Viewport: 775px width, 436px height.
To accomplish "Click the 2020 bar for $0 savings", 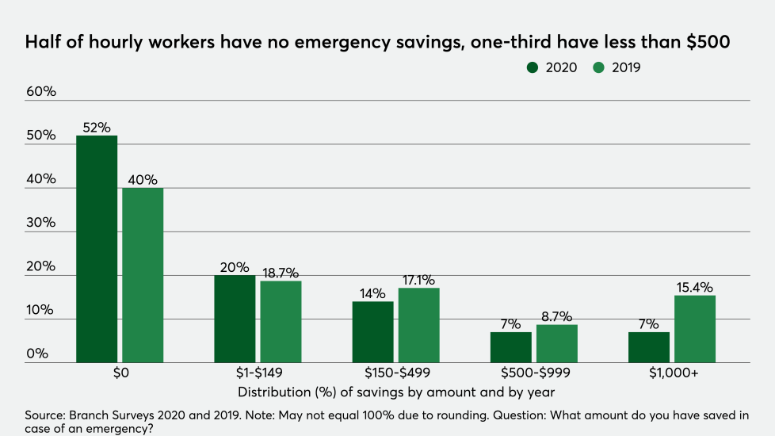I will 97,249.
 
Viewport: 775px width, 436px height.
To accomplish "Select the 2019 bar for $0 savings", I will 143,275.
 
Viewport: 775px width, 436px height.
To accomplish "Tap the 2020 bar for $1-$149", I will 235,319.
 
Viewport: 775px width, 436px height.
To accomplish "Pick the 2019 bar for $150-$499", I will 418,325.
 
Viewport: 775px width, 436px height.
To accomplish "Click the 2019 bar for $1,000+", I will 694,329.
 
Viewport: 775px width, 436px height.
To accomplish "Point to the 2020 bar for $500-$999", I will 510,347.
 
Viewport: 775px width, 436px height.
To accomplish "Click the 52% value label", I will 97,128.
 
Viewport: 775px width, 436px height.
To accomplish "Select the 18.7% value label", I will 281,272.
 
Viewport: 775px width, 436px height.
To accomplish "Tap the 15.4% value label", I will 694,287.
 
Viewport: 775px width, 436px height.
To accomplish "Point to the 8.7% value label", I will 557,316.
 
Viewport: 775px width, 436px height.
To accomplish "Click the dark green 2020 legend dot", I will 533,68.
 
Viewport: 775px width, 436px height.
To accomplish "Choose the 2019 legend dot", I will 598,68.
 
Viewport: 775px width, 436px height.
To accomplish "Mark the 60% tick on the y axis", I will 41,92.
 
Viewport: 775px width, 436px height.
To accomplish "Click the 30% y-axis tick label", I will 41,223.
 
